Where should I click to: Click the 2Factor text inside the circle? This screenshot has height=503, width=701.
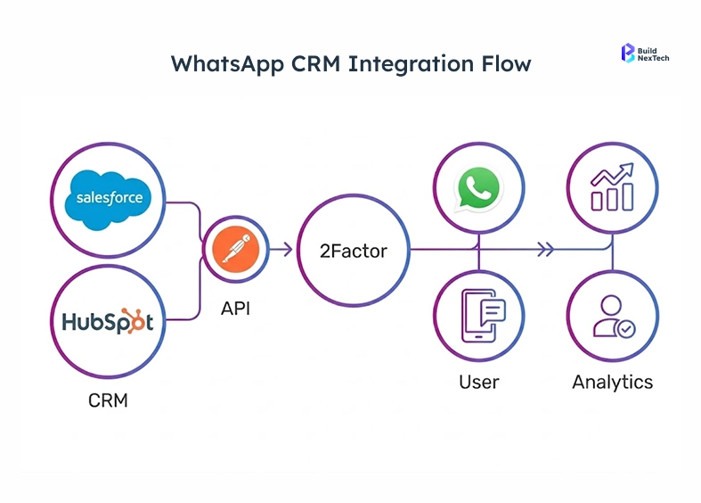tap(354, 251)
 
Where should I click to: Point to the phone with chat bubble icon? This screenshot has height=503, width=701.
tap(479, 317)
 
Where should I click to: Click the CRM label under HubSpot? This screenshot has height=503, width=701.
tap(108, 400)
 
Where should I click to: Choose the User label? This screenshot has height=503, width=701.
tap(479, 382)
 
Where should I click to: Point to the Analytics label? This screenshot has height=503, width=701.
tap(612, 382)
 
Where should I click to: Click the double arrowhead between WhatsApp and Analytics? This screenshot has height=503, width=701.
tap(542, 250)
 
